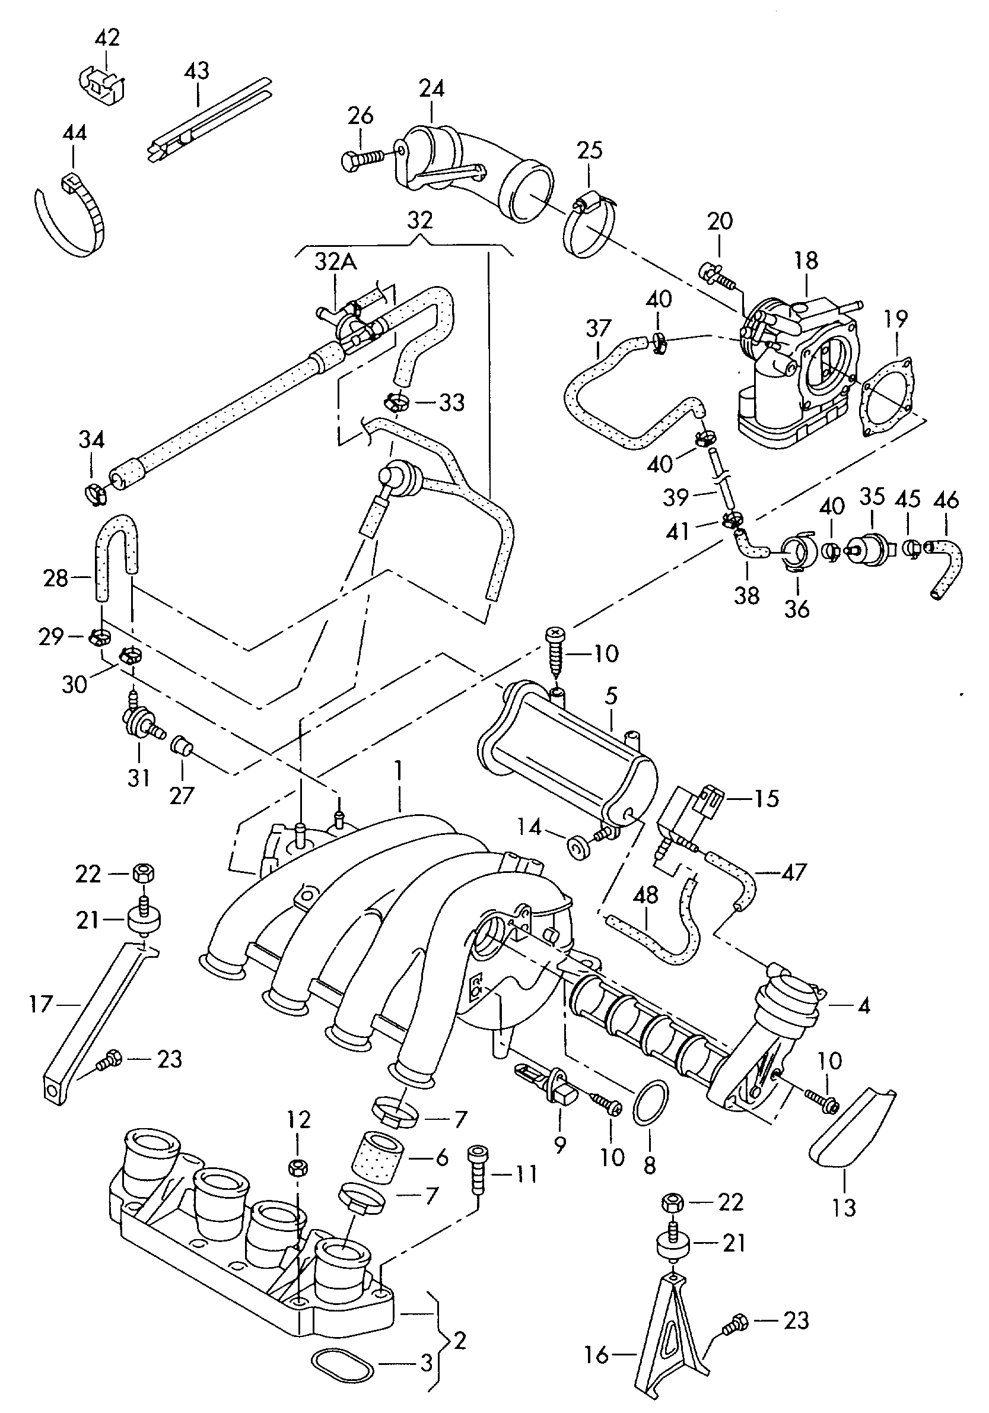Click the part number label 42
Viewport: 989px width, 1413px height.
(x=107, y=38)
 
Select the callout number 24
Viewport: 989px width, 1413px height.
(x=431, y=88)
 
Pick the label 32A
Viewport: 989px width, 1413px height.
(x=335, y=262)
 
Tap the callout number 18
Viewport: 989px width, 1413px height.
(x=806, y=261)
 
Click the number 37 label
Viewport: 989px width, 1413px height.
(x=598, y=328)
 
